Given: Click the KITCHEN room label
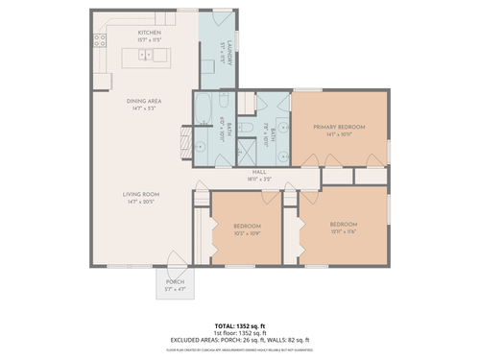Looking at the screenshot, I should click(x=149, y=33).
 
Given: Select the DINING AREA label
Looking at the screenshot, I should click(x=142, y=101).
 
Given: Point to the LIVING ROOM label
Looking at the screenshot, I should click(x=140, y=194).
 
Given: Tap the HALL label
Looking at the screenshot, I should click(x=259, y=172).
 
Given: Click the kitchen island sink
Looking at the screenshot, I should click(x=148, y=55).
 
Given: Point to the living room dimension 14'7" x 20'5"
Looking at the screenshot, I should click(x=140, y=202).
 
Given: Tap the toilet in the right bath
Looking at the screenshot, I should click(x=247, y=125).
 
